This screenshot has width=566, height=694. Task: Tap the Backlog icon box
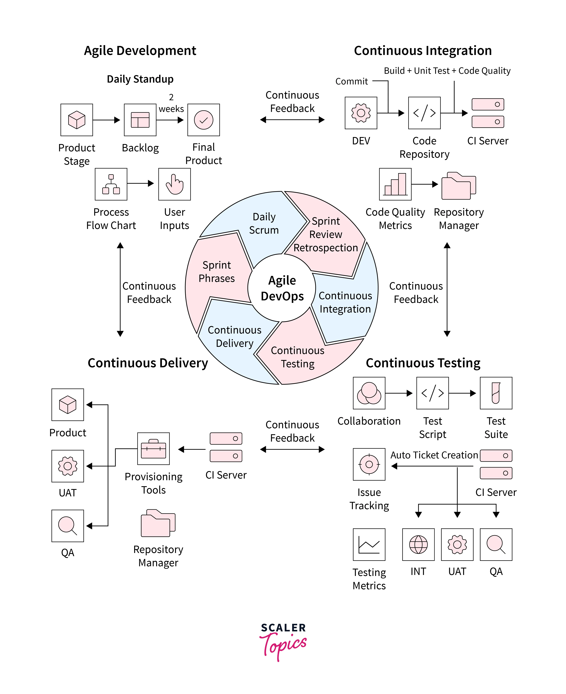[140, 120]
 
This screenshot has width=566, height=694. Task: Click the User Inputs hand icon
[174, 184]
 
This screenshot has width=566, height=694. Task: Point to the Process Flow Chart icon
[111, 184]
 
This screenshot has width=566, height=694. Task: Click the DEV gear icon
[361, 113]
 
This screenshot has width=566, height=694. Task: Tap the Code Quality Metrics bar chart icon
[395, 184]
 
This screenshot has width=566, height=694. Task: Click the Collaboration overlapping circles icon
[369, 393]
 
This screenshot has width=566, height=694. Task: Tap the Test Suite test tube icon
[496, 393]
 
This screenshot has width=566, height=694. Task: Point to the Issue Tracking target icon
[369, 464]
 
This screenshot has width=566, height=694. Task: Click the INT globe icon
[418, 544]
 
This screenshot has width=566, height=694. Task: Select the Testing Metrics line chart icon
[369, 544]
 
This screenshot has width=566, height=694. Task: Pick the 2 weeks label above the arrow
[171, 103]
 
